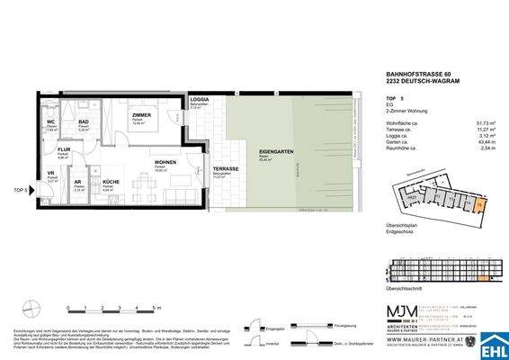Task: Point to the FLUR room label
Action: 65,149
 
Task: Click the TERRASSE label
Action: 226,169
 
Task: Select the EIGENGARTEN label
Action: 272,155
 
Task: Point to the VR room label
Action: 50,175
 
